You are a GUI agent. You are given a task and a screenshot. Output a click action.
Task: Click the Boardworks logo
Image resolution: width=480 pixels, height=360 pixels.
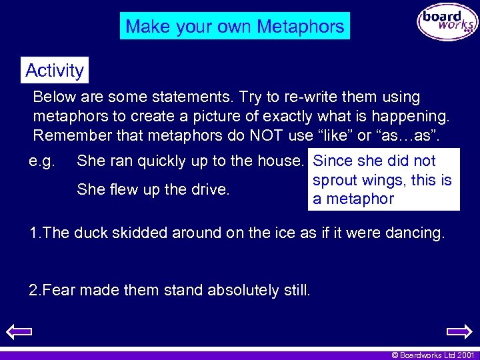[447, 22]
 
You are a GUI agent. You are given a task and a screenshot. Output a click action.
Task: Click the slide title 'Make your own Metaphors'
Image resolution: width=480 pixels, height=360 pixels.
[235, 27]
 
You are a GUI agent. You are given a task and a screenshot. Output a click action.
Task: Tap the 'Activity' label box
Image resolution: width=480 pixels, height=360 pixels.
[54, 70]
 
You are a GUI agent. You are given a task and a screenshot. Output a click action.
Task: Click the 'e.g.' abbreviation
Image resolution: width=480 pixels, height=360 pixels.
[44, 161]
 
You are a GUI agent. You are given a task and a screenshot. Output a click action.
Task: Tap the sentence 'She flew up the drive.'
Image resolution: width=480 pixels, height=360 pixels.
[153, 189]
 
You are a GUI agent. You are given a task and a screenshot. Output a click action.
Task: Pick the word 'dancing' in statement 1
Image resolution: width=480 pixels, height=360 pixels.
[413, 233]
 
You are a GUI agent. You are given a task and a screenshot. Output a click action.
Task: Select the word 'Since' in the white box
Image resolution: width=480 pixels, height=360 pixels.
[333, 161]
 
